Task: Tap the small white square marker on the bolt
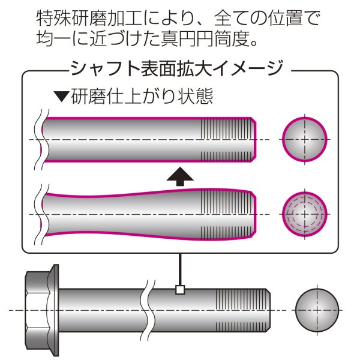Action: (178, 290)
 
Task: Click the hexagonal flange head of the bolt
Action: (41, 308)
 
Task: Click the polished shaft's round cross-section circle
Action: (305, 139)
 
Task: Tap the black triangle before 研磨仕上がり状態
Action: (61, 96)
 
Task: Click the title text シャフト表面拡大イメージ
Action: (176, 68)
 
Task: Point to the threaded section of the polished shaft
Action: (228, 139)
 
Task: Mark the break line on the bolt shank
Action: (146, 309)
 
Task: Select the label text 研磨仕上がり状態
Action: (142, 96)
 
